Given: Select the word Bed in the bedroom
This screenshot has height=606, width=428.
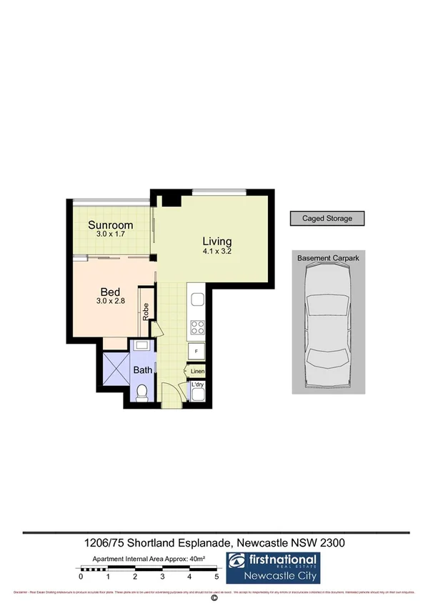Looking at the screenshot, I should [x=109, y=292].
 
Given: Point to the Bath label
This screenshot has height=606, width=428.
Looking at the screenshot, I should [x=143, y=369].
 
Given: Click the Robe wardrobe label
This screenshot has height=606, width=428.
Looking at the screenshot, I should [x=145, y=311].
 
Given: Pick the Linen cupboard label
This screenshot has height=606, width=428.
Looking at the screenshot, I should [x=197, y=372].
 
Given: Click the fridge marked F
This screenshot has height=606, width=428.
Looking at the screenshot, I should [x=196, y=352].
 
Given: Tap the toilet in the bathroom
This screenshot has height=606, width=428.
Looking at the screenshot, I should [x=142, y=392].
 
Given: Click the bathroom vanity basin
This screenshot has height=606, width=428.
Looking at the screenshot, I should [x=142, y=345].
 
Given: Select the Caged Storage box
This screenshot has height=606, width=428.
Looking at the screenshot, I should [x=326, y=219].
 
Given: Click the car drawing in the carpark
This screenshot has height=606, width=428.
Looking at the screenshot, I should [x=326, y=325].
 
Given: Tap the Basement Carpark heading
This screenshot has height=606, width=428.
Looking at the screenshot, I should [x=326, y=257].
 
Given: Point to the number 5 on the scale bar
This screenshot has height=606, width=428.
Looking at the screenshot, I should [x=217, y=575].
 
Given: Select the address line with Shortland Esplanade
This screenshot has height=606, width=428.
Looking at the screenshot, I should [x=214, y=543].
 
